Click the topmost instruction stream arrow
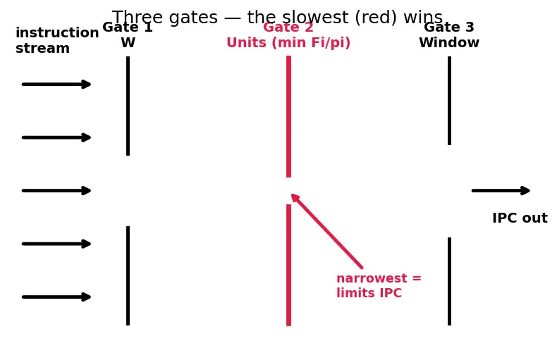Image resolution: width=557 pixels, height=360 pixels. click(x=56, y=85)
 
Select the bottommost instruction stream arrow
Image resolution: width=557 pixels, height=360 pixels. click(x=56, y=297)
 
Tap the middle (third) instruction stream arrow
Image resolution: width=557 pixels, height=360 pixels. click(x=56, y=191)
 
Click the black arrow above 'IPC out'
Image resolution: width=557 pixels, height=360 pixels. click(x=501, y=191)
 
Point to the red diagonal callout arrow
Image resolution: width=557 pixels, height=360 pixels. click(x=327, y=231)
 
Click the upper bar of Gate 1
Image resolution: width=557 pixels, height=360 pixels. click(x=128, y=106)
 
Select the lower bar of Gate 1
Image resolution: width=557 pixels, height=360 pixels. click(x=128, y=275)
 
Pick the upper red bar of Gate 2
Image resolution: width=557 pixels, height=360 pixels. click(x=288, y=116)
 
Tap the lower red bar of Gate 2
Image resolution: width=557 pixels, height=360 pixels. click(x=288, y=265)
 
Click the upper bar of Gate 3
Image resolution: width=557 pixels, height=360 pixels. click(x=449, y=101)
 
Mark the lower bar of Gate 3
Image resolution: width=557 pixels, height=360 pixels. click(x=449, y=281)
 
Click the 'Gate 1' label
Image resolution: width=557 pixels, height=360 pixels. click(x=128, y=27)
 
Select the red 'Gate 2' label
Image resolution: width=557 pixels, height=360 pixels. click(x=288, y=27)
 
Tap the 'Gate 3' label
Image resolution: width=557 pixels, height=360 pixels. click(x=449, y=27)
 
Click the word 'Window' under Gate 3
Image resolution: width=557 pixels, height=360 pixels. click(x=449, y=42)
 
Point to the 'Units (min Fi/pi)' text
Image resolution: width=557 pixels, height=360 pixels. click(x=288, y=42)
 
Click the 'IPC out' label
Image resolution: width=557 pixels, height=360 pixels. click(x=520, y=218)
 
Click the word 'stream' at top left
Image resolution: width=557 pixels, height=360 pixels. click(x=42, y=49)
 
